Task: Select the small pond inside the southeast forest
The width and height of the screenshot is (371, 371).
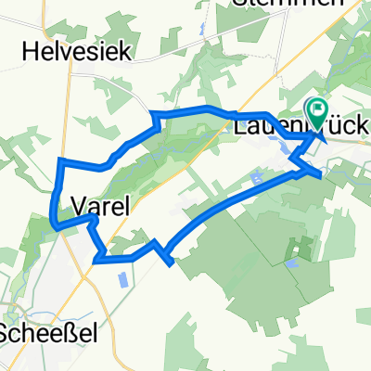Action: tap(291, 263)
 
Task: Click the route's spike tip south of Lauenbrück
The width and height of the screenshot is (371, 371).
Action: tap(321, 173)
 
